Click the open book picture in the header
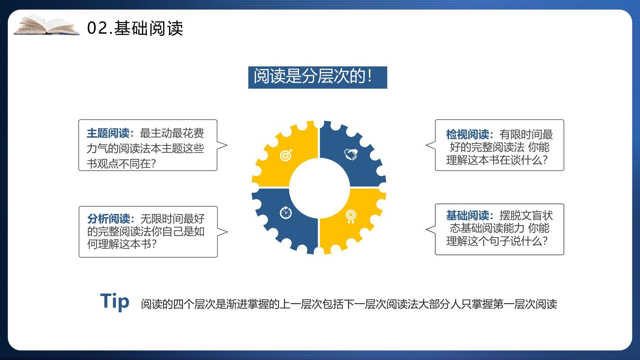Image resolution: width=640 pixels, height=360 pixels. pos(47,25)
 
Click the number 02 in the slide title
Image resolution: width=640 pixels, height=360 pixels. pos(97,28)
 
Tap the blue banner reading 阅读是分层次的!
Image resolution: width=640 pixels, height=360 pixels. pos(318,77)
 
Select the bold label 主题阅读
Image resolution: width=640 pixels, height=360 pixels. pos(108,133)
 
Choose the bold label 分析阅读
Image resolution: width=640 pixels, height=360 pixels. pos(109,219)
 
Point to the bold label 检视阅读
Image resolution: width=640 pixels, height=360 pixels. pos(467,135)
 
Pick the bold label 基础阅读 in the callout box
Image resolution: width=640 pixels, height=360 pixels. pos(467,216)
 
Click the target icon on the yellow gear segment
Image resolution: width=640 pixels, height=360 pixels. pos(286,155)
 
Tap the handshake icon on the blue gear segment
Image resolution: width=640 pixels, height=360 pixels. pos(351,154)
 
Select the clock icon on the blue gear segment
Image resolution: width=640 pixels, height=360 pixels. pos(286,212)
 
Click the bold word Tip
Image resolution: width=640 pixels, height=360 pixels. pos(115,302)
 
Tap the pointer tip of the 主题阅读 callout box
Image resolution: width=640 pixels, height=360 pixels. pos(227,145)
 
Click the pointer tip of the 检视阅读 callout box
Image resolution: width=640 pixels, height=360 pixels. pos(426,145)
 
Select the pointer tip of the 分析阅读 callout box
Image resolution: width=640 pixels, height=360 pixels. pos(228,232)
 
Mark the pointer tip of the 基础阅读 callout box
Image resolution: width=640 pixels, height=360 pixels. pos(426,229)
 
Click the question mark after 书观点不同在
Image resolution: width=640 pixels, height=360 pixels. pos(153,164)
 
